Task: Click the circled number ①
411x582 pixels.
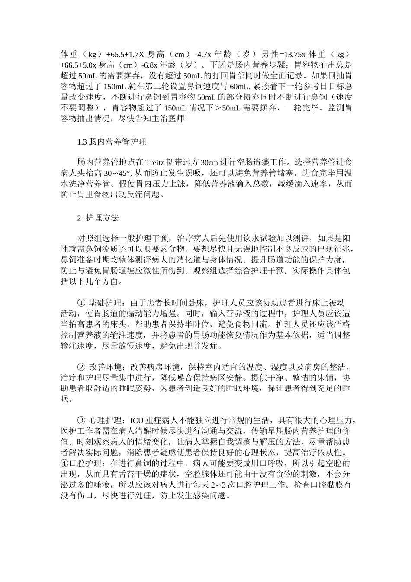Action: [x=81, y=302]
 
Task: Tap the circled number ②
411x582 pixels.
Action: [x=81, y=368]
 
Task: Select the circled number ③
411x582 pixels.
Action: [x=81, y=420]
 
